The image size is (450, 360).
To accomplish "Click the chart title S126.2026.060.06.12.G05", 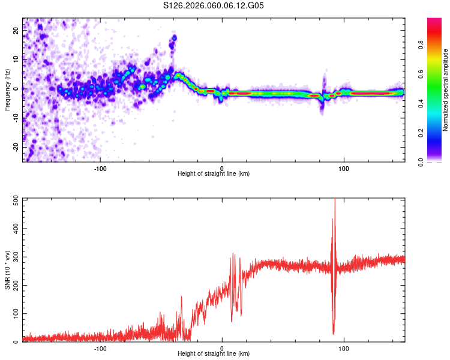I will [214, 6].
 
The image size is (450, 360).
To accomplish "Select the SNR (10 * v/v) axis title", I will [7, 271].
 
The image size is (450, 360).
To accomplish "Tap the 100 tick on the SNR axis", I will [15, 314].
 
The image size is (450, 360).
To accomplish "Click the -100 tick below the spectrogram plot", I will [100, 167].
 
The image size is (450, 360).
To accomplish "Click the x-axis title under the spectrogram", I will [214, 174].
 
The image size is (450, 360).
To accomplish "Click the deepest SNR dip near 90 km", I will [333, 333].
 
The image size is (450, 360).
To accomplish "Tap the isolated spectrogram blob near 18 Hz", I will [174, 38].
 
